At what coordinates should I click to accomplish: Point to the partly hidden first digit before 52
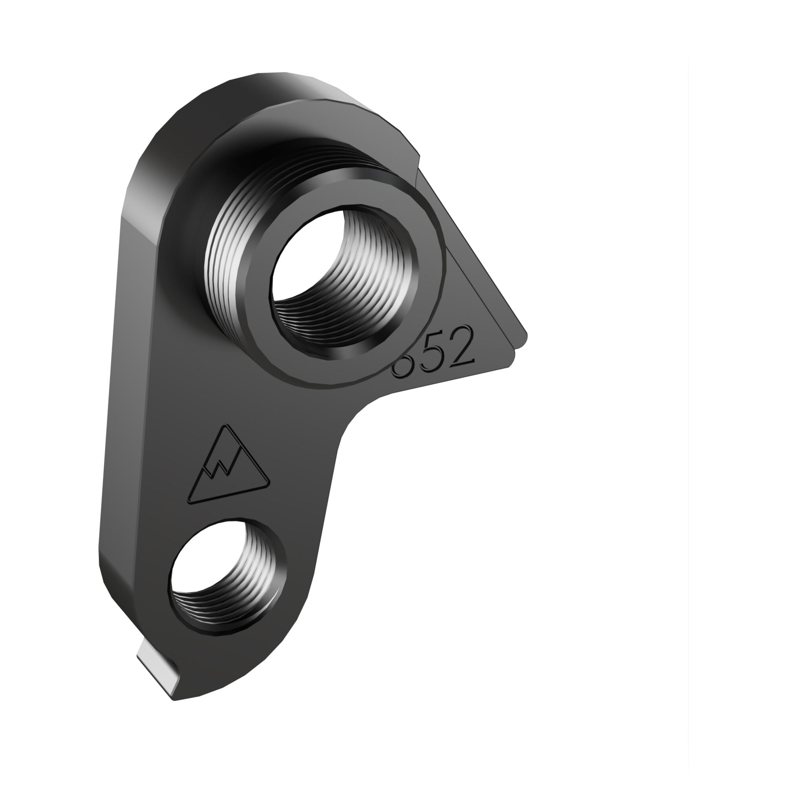(401, 368)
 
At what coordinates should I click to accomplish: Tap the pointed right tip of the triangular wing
(525, 336)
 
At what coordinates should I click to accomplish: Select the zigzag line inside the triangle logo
(222, 468)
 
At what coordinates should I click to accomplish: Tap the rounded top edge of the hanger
(277, 81)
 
